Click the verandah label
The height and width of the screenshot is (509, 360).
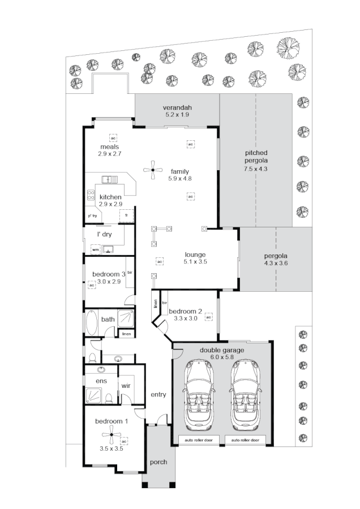177,107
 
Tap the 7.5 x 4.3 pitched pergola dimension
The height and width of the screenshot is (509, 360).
256,169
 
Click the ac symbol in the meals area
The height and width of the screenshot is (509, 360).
113,138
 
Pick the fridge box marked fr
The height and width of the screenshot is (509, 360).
126,216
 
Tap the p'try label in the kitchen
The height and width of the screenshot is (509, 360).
92,216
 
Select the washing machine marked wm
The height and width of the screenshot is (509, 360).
95,249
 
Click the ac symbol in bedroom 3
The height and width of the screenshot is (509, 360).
91,286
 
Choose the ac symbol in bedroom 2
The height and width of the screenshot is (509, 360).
208,317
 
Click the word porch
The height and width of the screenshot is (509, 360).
158,462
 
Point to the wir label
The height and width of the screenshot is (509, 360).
126,386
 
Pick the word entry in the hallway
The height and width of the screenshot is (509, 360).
158,394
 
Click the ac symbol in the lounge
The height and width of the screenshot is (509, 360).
160,262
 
